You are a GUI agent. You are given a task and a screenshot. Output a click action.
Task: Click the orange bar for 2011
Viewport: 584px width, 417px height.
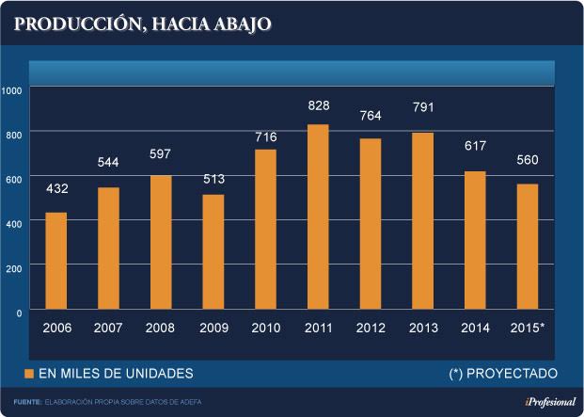[318, 217]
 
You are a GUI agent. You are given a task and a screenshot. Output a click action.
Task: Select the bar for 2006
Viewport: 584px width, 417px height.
[56, 261]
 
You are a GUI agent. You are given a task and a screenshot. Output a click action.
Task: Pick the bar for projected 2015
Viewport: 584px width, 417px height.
[528, 246]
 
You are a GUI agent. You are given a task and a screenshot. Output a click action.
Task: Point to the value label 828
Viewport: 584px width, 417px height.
[318, 106]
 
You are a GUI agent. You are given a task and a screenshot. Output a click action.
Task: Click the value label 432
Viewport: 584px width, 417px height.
[56, 190]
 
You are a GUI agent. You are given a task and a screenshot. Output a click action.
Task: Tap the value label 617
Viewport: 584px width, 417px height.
[475, 147]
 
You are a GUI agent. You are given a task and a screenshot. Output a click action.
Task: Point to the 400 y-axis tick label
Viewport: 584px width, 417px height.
[14, 223]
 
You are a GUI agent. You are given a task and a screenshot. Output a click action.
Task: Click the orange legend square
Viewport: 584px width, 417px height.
[29, 374]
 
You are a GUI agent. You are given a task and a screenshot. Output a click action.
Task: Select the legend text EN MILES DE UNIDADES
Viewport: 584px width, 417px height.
[116, 374]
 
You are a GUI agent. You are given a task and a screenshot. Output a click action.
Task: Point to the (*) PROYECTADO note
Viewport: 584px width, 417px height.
[503, 374]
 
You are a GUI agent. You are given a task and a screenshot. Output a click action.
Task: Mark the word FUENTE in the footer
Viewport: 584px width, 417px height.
[28, 403]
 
